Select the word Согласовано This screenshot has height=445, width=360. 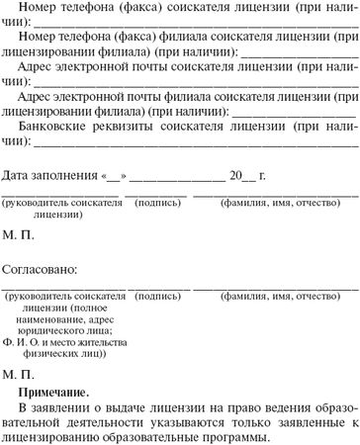(x=41, y=268)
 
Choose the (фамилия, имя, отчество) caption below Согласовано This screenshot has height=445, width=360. (x=273, y=297)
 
